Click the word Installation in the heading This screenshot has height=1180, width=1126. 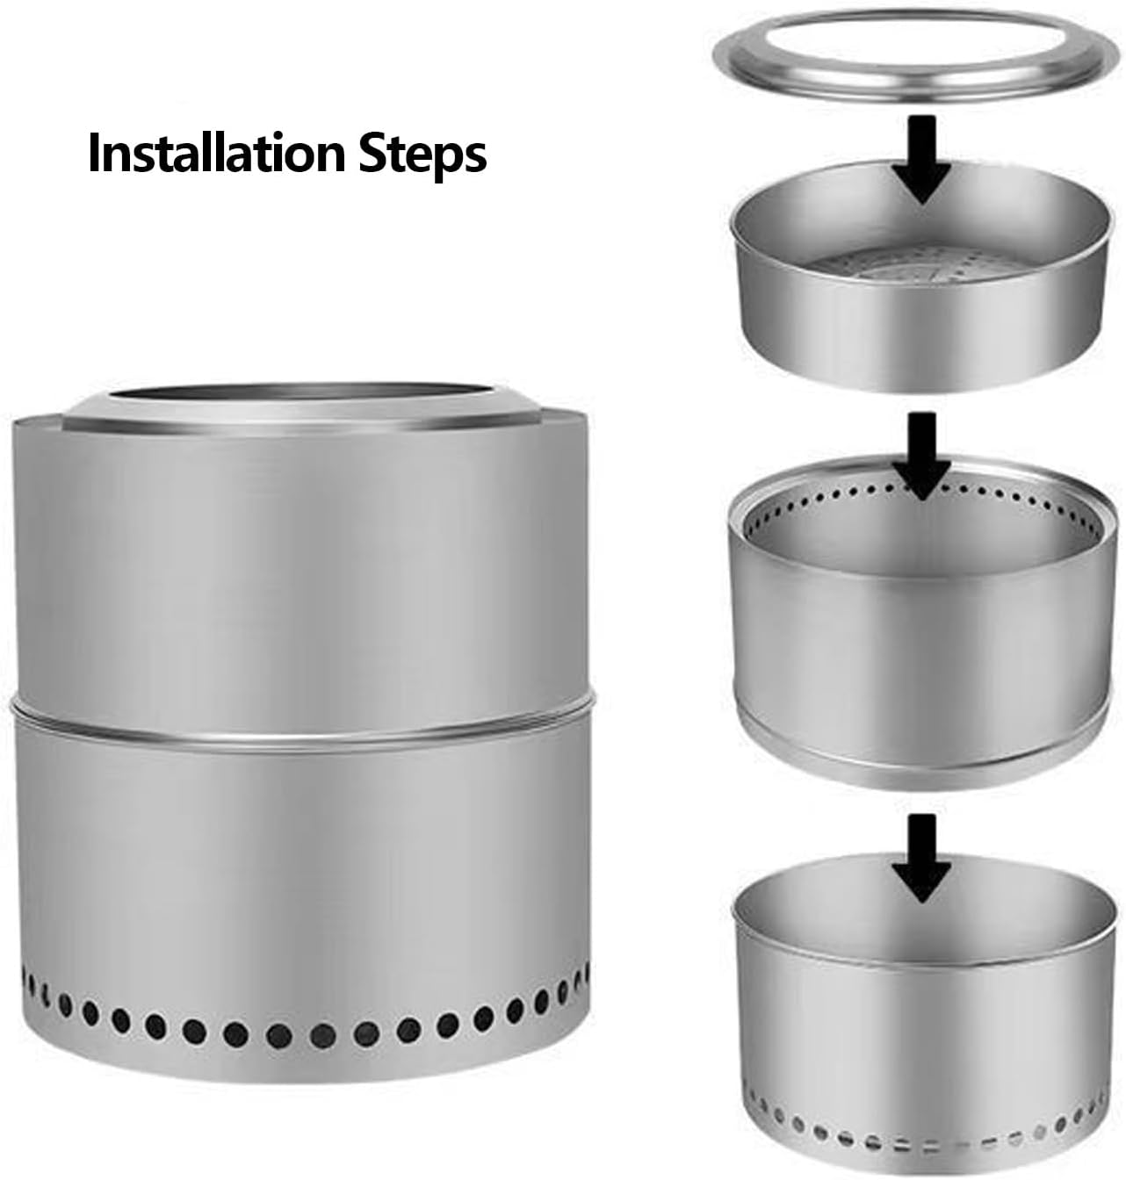(217, 153)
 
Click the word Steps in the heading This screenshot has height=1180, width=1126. (422, 155)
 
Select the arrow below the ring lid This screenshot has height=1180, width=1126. (921, 159)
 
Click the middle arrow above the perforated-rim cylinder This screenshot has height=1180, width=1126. (921, 457)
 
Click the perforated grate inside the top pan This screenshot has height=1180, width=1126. (919, 264)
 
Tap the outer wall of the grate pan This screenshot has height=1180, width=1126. (920, 336)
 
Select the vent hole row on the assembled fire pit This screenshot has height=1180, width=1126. (303, 1020)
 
